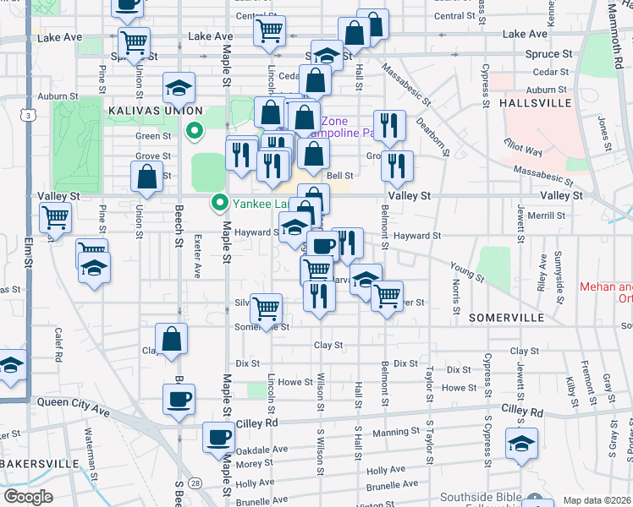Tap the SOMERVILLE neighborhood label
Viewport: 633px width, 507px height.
[506, 317]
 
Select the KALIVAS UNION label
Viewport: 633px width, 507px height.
[155, 111]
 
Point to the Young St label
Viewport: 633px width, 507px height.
[467, 271]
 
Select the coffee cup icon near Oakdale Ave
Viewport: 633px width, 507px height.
[218, 437]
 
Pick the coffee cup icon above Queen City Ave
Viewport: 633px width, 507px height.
[179, 398]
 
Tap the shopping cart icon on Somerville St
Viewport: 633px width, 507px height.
[267, 308]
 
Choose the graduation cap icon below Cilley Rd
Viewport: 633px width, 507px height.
[521, 443]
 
